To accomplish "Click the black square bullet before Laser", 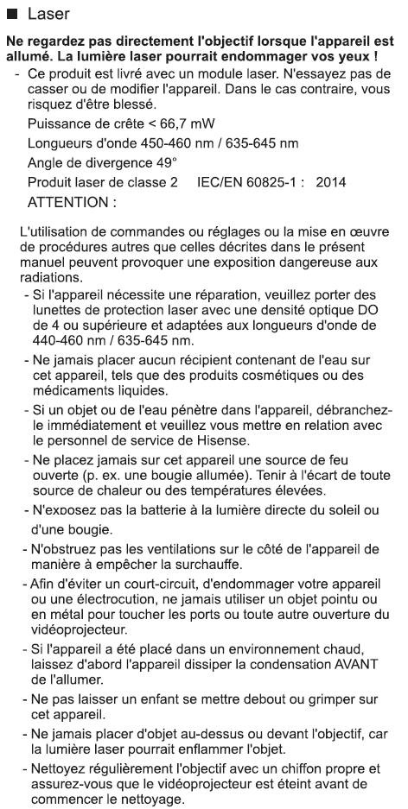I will tap(11, 15).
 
